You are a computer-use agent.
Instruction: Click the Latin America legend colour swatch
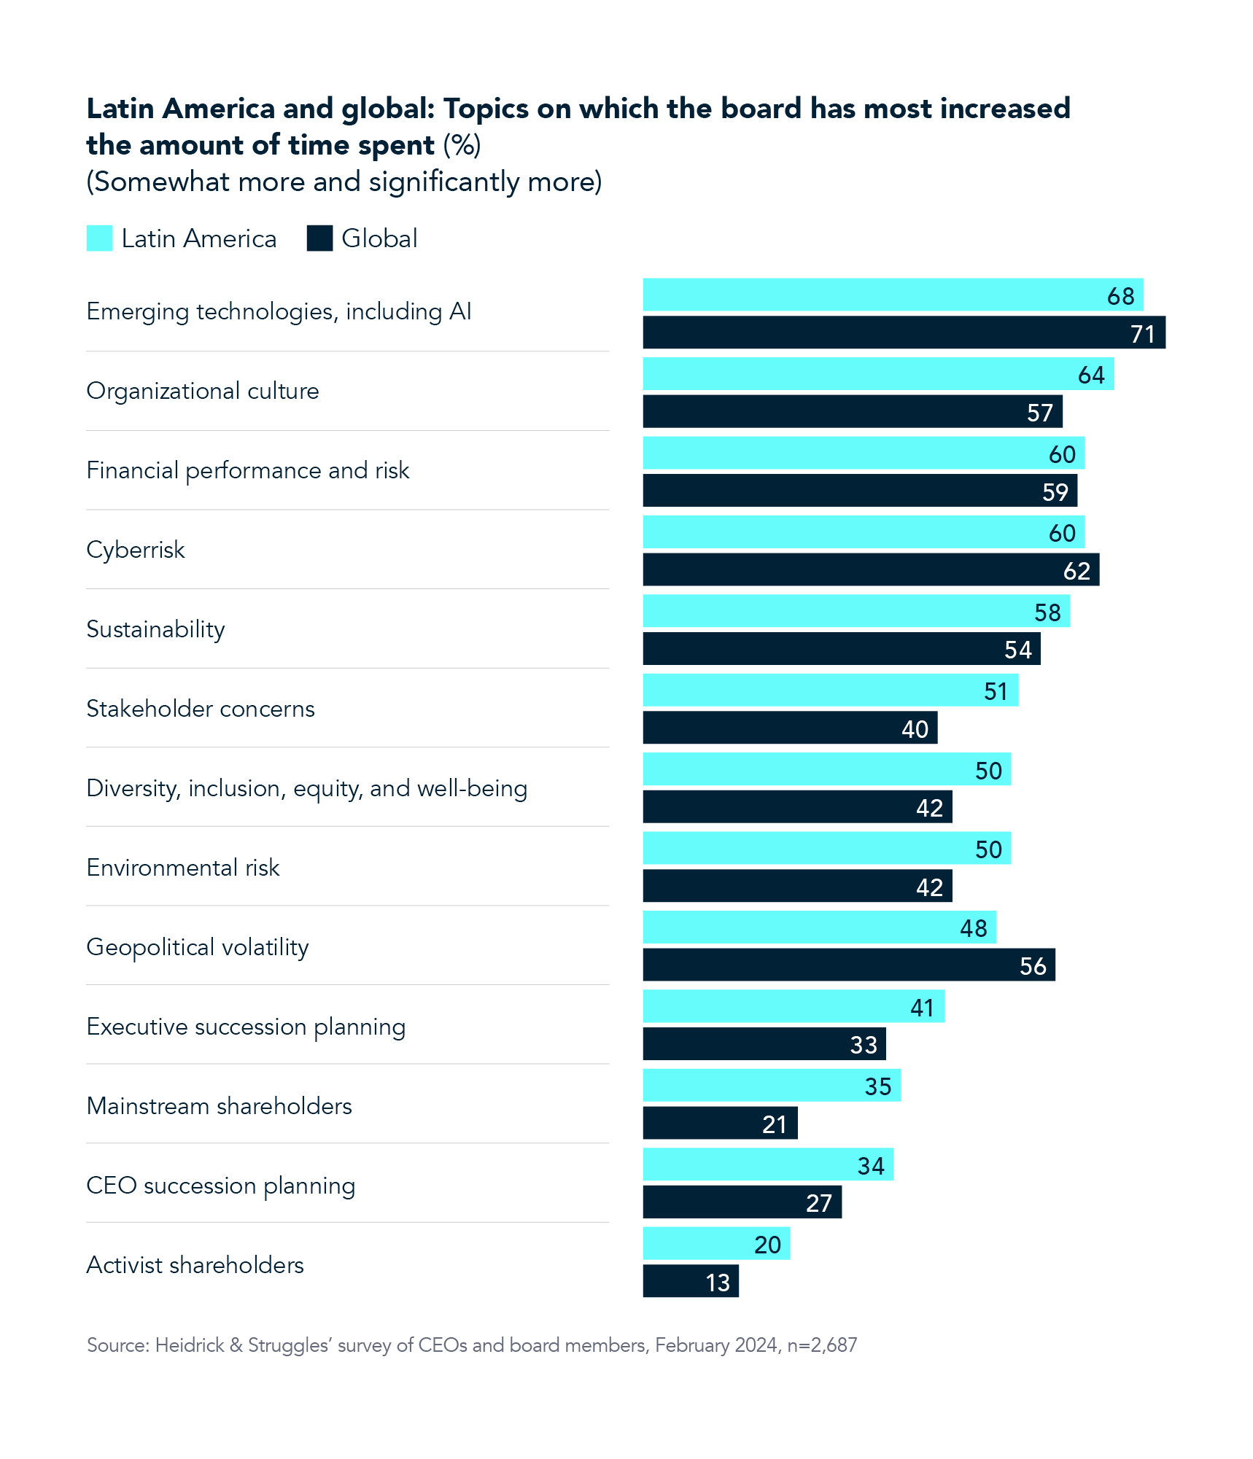tap(99, 238)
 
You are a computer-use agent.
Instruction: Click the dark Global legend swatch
tap(319, 238)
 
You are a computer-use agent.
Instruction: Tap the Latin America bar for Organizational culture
tap(877, 374)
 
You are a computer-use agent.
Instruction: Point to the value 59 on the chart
tap(1055, 492)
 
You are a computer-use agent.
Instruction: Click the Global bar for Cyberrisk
tap(870, 570)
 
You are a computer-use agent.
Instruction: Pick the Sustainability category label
tap(155, 629)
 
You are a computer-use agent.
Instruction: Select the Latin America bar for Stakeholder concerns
tap(830, 690)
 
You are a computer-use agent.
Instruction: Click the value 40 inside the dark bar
tap(915, 729)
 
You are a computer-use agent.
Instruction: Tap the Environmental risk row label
tap(183, 868)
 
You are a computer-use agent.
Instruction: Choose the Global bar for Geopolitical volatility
tap(848, 965)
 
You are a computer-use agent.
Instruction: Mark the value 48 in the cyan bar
tap(973, 928)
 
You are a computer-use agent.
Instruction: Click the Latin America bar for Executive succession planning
tap(793, 1007)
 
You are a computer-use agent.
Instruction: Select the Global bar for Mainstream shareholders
tap(719, 1124)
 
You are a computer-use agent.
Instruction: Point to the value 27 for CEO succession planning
tap(818, 1203)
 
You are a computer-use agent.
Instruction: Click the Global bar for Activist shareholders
tap(690, 1282)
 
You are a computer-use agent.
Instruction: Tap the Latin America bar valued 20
tap(715, 1244)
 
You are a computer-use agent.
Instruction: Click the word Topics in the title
tap(486, 109)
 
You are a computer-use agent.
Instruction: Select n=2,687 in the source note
tap(822, 1345)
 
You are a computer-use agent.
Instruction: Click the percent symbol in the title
tap(462, 145)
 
